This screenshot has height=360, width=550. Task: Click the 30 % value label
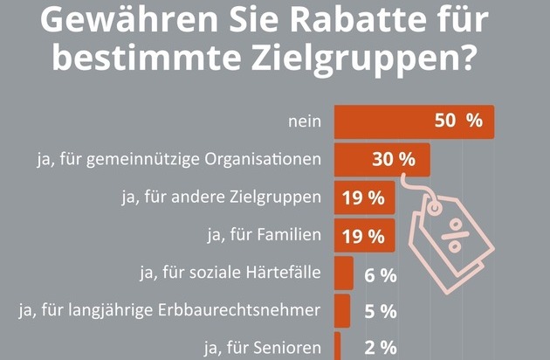click(394, 160)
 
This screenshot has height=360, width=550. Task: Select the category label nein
click(305, 121)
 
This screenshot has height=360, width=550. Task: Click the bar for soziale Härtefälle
click(343, 273)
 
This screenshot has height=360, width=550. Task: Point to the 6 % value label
click(381, 275)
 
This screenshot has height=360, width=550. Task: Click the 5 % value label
click(381, 312)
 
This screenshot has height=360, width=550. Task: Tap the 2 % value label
click(381, 349)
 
